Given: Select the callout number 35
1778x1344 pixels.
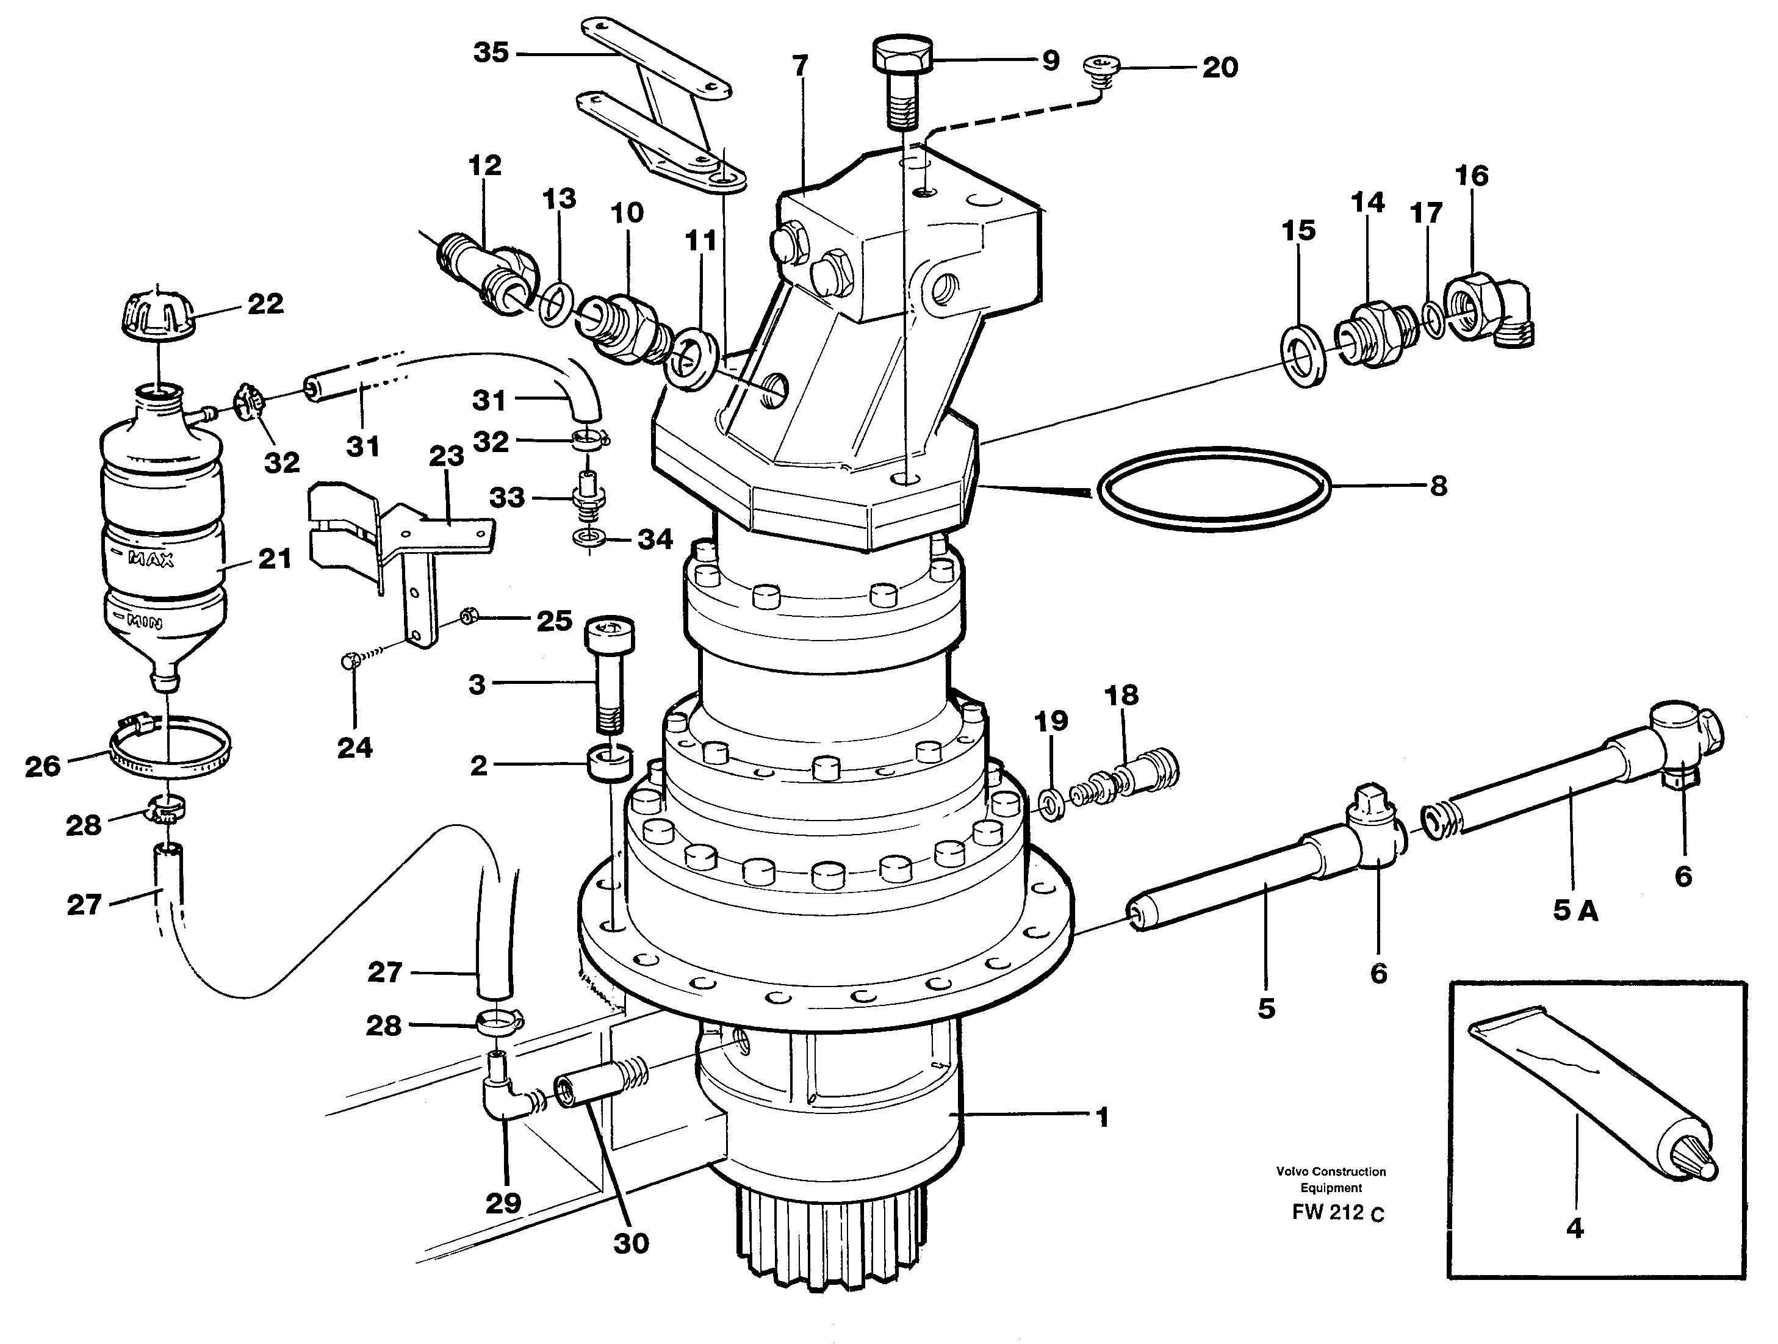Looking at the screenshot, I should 491,53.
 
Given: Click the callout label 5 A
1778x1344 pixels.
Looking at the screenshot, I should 1575,911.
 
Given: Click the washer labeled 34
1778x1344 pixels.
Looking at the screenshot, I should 590,537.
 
